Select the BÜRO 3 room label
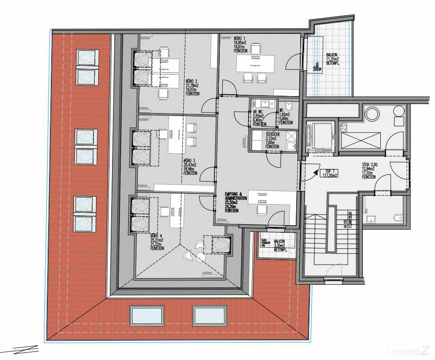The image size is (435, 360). [x=189, y=167]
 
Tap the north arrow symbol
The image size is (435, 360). [x=20, y=350]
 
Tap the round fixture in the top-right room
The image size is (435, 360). [x=371, y=113]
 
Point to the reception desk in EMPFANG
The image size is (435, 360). [x=271, y=198]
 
